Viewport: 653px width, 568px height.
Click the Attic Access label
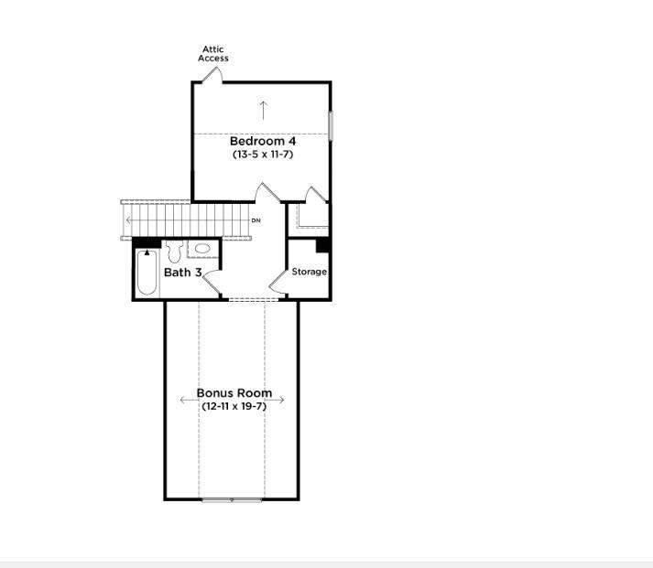pos(212,54)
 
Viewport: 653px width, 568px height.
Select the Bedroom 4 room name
pos(262,141)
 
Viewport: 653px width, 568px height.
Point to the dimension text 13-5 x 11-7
pos(262,155)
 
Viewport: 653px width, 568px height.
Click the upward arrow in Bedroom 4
pos(264,110)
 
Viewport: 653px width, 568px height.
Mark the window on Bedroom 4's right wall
pos(331,125)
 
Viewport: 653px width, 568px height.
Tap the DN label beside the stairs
pos(256,220)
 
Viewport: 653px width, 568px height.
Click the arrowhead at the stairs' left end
pos(129,220)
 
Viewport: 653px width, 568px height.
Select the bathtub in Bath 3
pos(147,272)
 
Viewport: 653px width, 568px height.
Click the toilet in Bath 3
pos(176,250)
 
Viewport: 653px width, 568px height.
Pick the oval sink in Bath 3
pos(203,250)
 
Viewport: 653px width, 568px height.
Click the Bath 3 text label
pos(182,273)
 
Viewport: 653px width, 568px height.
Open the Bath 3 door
pos(212,286)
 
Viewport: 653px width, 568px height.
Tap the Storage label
pos(310,272)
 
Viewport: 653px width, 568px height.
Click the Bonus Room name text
pos(234,392)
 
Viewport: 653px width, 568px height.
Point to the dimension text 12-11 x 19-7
pos(234,405)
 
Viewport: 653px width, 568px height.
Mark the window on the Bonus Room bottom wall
pos(231,499)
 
